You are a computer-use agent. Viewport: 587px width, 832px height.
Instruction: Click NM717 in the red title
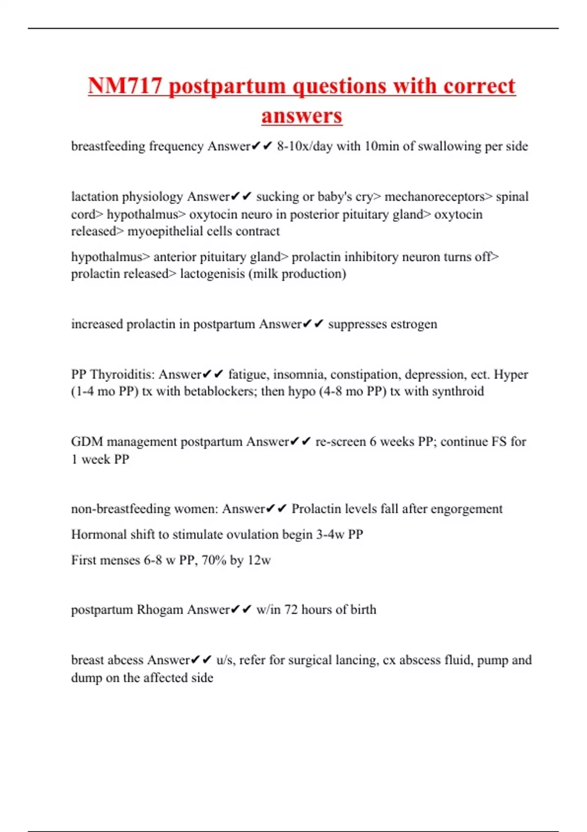[x=125, y=86]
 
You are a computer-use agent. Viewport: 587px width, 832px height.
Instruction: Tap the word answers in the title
[x=302, y=116]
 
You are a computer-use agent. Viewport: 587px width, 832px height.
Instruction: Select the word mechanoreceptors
[x=438, y=196]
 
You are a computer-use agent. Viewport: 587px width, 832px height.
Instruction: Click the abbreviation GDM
[x=87, y=441]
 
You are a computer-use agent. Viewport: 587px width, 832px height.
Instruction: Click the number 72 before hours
[x=291, y=610]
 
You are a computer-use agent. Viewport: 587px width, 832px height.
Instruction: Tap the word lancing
[x=356, y=660]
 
